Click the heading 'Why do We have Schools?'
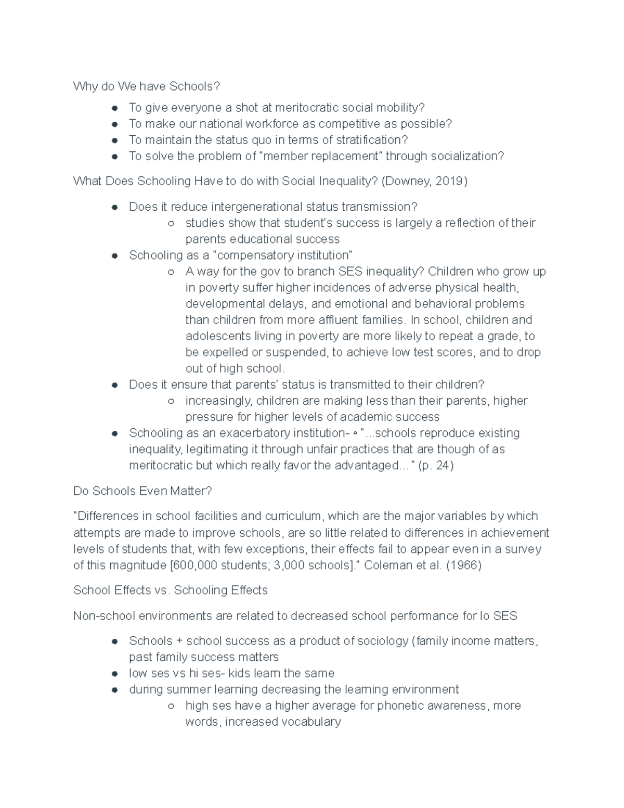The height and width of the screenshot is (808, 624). [x=147, y=86]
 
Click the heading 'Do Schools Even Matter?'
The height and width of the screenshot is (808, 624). [x=142, y=491]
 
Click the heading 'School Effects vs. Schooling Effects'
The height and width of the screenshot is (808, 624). [x=171, y=591]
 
